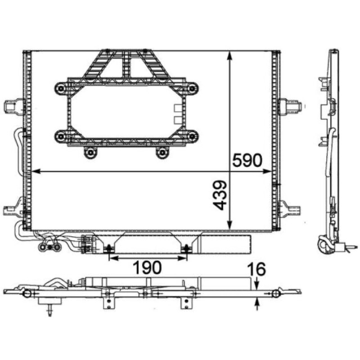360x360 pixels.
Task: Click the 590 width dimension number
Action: point(247,160)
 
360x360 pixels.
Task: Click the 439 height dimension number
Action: point(219,195)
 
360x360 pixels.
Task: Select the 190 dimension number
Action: point(148,268)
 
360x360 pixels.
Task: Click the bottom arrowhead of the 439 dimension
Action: point(230,225)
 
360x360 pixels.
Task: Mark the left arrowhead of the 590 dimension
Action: point(36,171)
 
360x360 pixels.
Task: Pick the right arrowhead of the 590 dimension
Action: point(267,171)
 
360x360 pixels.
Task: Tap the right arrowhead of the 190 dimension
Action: point(183,258)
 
